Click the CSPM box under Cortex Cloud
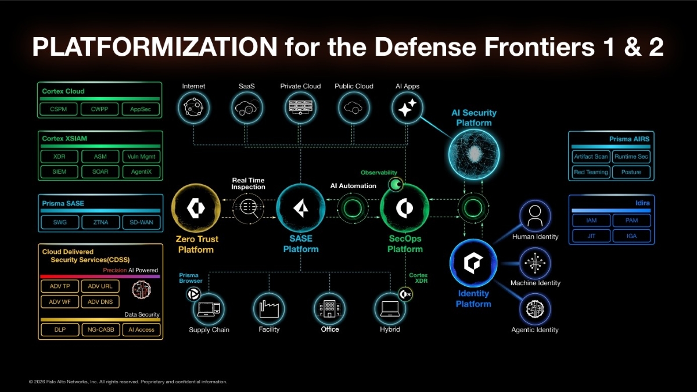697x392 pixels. point(59,109)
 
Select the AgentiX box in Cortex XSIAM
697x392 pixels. point(141,172)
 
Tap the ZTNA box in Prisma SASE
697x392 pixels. point(100,222)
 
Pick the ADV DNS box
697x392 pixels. point(100,302)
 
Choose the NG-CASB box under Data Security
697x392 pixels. point(101,330)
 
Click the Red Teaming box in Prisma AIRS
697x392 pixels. point(591,172)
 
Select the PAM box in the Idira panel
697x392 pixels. point(632,221)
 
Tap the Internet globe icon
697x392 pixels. point(193,107)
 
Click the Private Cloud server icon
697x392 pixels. point(300,107)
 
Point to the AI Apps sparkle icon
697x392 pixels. point(407,107)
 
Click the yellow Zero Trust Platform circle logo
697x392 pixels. point(196,208)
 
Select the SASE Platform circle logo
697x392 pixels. point(301,208)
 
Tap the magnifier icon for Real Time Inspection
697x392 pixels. point(249,208)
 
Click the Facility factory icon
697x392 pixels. point(269,308)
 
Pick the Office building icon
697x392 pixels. point(329,308)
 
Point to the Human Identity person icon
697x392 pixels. point(535,215)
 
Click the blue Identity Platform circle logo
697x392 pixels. point(473,263)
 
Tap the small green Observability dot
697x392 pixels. point(396,185)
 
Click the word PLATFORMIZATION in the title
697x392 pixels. point(155,46)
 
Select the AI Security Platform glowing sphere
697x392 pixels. point(474,154)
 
